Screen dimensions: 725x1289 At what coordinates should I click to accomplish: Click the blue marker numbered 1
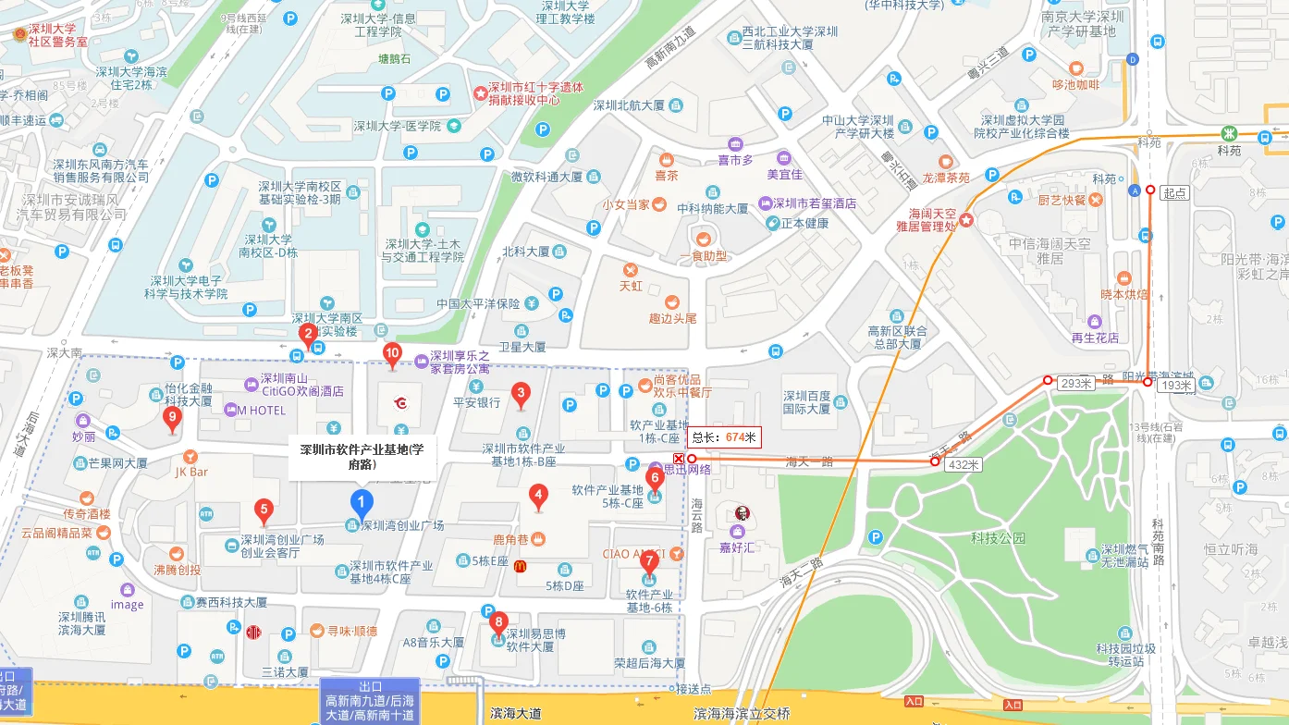(362, 504)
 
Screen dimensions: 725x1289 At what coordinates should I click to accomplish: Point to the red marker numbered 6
(655, 479)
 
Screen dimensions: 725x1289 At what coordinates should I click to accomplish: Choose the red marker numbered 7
(649, 560)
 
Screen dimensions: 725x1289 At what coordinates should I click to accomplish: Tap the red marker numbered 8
(499, 622)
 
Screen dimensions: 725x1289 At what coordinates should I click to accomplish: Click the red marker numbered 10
(392, 353)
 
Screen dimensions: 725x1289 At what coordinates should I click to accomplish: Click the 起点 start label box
(1174, 193)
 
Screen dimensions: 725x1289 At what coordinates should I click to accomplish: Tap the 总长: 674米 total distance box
(724, 437)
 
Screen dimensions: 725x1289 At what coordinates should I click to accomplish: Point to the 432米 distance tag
(963, 465)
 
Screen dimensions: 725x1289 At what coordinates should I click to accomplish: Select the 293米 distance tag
(1076, 383)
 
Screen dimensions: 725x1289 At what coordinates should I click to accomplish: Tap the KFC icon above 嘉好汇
(741, 513)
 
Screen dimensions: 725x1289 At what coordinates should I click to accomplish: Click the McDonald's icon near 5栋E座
(520, 566)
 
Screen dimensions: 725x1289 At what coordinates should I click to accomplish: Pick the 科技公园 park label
(998, 537)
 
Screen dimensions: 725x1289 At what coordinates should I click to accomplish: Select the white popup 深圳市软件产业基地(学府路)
(362, 457)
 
